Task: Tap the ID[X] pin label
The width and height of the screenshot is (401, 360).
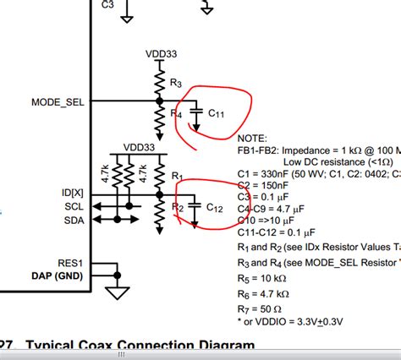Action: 74,194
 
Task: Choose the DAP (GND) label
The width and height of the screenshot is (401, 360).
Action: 59,276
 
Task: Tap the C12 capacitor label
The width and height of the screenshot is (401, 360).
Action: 215,205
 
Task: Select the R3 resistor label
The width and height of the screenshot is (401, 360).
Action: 176,83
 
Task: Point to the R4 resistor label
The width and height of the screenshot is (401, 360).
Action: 176,113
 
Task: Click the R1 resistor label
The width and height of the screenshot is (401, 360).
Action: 177,176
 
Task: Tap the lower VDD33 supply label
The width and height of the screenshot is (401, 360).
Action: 139,146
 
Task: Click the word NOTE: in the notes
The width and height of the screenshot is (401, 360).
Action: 252,137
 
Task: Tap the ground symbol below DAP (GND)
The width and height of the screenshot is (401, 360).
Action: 117,292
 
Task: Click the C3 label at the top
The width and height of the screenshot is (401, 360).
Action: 107,4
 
